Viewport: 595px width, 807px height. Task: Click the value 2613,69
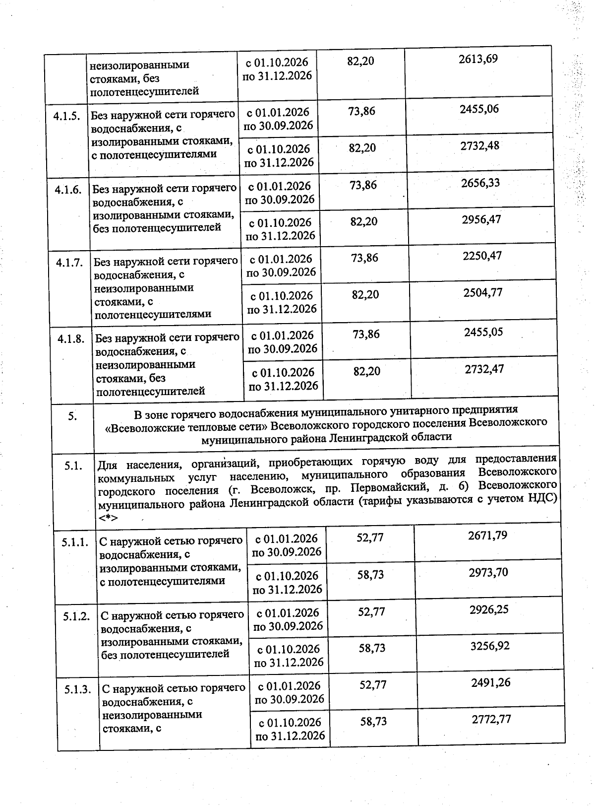[x=478, y=59]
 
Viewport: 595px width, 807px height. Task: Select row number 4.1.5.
[x=67, y=115]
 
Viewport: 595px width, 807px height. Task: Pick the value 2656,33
[x=480, y=183]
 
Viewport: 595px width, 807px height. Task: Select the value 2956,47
[x=481, y=219]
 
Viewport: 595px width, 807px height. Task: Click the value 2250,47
[x=482, y=256]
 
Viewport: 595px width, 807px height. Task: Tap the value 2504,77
[x=483, y=292]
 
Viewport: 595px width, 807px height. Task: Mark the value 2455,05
[x=483, y=332]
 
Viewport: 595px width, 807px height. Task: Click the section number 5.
[x=72, y=416]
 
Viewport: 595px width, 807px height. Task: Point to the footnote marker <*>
[x=108, y=518]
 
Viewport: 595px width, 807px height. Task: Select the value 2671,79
[x=487, y=536]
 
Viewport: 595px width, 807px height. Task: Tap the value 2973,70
[x=488, y=572]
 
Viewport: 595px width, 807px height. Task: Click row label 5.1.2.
[x=76, y=616]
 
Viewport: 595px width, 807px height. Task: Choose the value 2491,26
[x=491, y=682]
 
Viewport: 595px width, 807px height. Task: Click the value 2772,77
[x=491, y=719]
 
